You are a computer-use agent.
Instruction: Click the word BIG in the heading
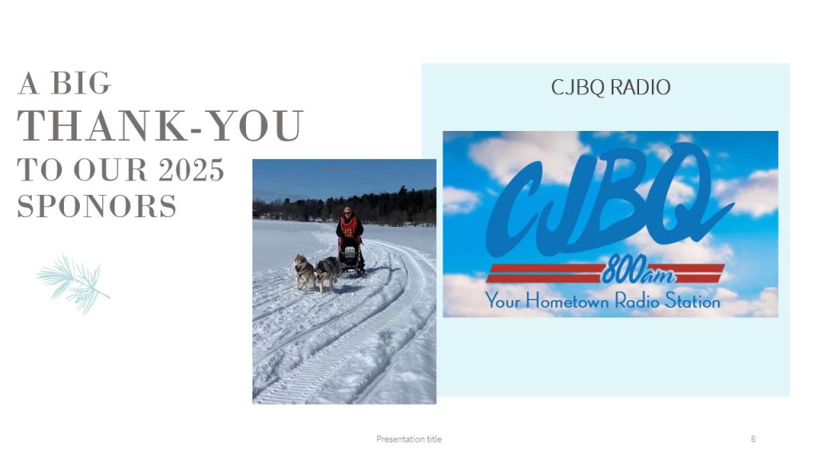pyautogui.click(x=81, y=83)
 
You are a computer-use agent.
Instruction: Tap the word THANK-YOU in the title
pyautogui.click(x=160, y=125)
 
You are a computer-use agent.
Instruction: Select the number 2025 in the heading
pyautogui.click(x=192, y=170)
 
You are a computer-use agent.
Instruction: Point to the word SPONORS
pyautogui.click(x=97, y=206)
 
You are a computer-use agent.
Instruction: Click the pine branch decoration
pyautogui.click(x=73, y=284)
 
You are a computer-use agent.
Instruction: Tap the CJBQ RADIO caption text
pyautogui.click(x=610, y=88)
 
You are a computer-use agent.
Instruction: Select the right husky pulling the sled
pyautogui.click(x=328, y=273)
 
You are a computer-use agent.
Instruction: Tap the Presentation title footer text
pyautogui.click(x=409, y=439)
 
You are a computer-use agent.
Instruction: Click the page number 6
pyautogui.click(x=752, y=439)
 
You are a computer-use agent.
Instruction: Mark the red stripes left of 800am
pyautogui.click(x=544, y=273)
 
